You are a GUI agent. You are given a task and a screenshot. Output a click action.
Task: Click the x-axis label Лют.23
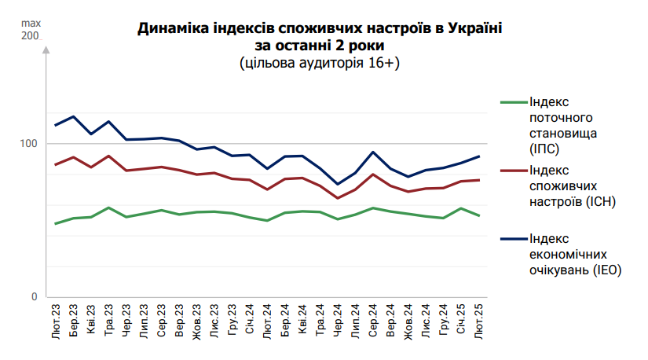point(56,322)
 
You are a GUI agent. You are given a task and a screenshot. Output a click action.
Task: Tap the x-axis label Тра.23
point(108,322)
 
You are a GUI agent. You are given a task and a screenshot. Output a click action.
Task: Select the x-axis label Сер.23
point(161,322)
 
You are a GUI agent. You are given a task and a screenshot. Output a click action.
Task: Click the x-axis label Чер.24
point(338,322)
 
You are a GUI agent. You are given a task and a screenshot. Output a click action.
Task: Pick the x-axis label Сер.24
point(373,322)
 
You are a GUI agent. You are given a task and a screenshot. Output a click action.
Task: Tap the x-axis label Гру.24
point(444,322)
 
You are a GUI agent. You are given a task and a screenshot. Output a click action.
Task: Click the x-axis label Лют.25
point(479,322)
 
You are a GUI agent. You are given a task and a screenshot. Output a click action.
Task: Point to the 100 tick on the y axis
point(27,144)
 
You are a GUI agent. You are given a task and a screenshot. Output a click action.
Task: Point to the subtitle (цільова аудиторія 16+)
point(320,63)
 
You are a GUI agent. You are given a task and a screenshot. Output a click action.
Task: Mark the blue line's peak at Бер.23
point(73,116)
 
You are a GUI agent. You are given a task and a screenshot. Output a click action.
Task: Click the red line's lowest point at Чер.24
point(338,198)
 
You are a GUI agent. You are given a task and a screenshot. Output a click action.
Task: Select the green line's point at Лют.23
point(56,223)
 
